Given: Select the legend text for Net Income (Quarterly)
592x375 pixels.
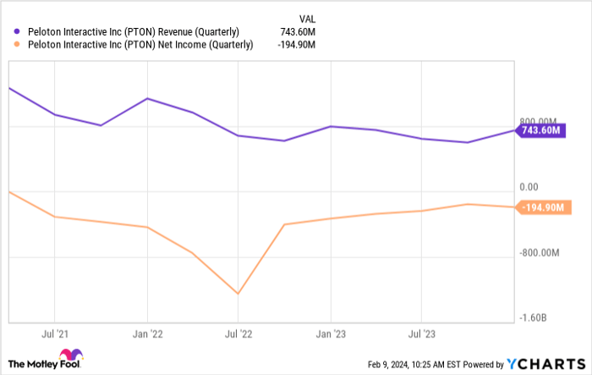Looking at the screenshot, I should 134,45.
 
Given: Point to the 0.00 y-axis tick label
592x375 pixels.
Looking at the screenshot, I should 529,186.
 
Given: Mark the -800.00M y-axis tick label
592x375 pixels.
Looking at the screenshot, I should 539,252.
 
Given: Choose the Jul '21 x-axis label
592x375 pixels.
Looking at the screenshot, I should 55,334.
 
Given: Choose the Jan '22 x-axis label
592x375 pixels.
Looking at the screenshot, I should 147,334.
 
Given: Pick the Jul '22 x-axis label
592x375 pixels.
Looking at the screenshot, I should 238,334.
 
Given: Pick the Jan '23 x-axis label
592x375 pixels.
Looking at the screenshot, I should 331,334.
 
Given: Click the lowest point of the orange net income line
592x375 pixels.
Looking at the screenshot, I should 238,294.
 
